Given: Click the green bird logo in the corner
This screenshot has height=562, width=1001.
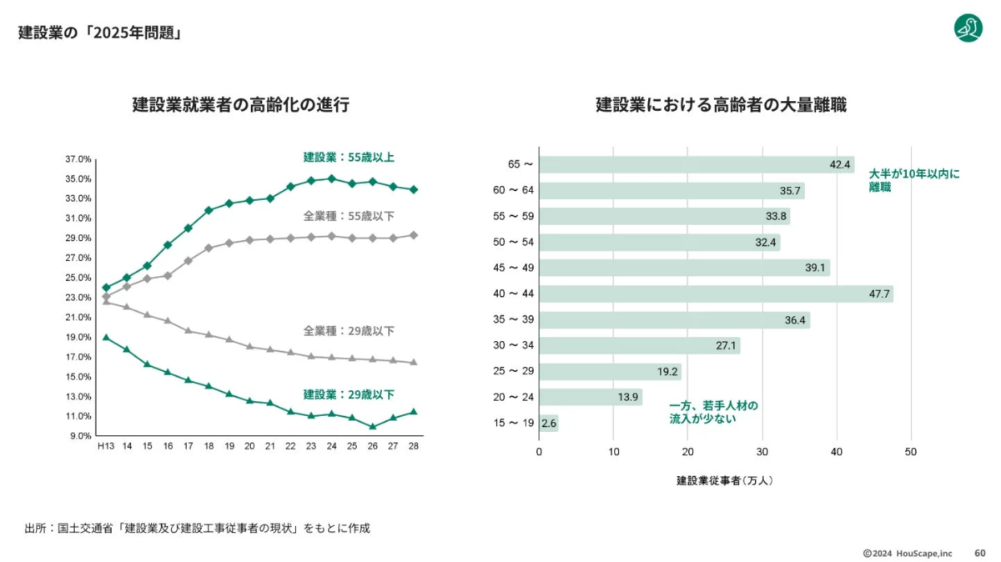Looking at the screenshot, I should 968,28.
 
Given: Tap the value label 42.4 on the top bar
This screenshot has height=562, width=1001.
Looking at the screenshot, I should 839,164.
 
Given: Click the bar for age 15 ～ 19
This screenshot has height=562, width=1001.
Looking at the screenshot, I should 548,424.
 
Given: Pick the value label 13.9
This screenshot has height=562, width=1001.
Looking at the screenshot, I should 628,398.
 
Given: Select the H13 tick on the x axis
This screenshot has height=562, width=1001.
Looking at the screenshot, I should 105,446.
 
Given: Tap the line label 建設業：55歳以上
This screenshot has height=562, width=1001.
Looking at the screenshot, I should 349,157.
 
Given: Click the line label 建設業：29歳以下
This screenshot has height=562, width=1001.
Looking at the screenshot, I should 349,394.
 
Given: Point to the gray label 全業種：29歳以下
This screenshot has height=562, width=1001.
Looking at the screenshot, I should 349,331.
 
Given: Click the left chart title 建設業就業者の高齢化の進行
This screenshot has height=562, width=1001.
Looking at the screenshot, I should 240,105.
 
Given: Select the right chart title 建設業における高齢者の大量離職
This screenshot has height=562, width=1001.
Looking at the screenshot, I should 721,105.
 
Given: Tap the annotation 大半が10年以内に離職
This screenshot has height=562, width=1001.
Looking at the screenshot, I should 914,181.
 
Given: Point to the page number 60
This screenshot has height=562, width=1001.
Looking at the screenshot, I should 979,553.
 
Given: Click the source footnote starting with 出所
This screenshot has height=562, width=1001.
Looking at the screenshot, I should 197,528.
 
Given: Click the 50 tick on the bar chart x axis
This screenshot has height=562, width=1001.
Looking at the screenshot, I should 911,452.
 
